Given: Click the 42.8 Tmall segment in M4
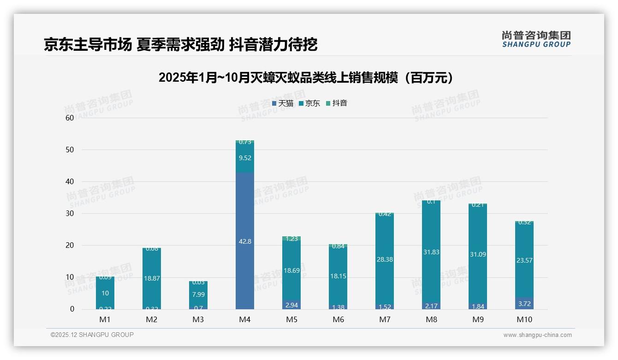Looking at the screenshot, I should [x=245, y=241].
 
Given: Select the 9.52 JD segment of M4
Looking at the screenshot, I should [x=245, y=157].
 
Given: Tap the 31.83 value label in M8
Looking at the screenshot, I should [x=431, y=252].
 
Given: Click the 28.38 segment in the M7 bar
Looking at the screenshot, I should [x=385, y=259].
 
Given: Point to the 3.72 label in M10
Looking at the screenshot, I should [x=524, y=304].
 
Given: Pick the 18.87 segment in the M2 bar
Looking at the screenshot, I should [x=152, y=278].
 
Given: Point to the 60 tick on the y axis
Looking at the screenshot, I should [x=70, y=118].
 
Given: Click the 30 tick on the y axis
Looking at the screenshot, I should [x=70, y=213].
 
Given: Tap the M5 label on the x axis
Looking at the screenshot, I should [x=291, y=319].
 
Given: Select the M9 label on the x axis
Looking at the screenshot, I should [x=478, y=319].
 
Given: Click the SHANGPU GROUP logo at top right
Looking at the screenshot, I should [x=536, y=39].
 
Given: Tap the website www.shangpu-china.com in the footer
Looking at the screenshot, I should [x=537, y=335].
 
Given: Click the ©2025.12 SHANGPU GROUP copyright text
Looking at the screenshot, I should [x=92, y=335].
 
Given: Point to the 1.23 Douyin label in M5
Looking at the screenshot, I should [x=291, y=239].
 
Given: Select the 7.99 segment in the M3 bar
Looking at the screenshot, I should [x=198, y=294].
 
